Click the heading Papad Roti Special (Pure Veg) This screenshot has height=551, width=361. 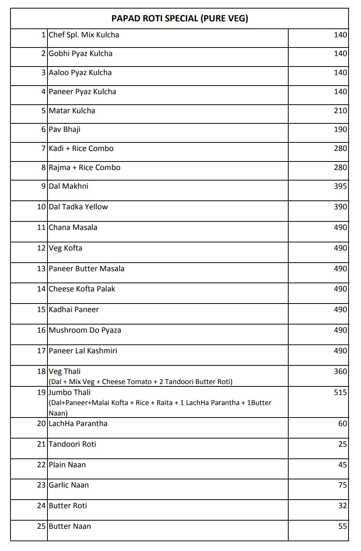point(180,18)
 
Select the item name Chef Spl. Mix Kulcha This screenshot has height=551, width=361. point(84,35)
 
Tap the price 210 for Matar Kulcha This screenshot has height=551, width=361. point(340,111)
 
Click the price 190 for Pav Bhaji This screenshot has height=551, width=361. point(340,130)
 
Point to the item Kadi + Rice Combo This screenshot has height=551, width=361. point(81,149)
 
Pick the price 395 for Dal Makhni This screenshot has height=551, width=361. point(340,186)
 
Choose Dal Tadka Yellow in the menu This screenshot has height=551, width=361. point(78,207)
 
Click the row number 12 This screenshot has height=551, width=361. point(41,248)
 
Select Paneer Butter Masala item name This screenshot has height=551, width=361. point(86,269)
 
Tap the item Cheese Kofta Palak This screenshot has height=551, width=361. point(82,289)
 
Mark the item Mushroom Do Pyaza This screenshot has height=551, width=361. point(85,330)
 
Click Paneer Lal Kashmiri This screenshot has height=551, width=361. point(83,351)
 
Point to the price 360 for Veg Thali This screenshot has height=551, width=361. point(340,372)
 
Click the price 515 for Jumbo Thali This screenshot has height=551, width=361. point(340,393)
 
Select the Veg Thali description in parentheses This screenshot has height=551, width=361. point(140,382)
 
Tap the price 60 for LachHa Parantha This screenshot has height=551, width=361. point(342,424)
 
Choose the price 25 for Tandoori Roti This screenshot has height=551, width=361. point(342,444)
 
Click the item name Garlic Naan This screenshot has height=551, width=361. point(68,485)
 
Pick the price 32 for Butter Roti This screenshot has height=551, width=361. point(342,506)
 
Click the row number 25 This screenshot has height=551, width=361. point(41,526)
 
